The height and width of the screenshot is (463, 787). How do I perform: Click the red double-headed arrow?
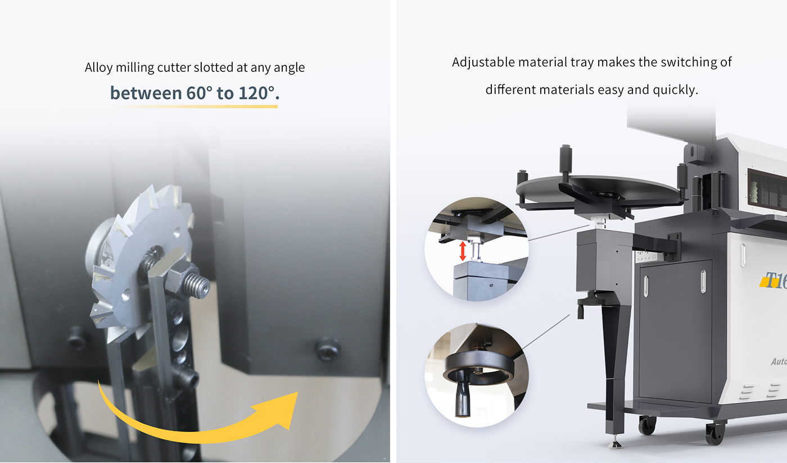(x=463, y=251)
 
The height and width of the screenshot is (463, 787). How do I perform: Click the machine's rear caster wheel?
(x=647, y=425)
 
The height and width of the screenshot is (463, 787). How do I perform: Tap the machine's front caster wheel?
(x=715, y=433)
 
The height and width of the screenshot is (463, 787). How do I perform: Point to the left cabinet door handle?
(x=646, y=286)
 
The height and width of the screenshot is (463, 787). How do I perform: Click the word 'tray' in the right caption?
(x=581, y=62)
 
